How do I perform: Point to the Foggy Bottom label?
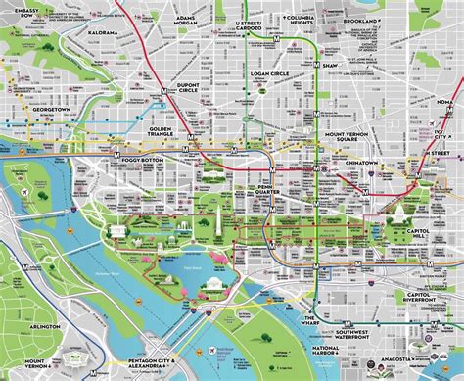pos(141,156)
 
